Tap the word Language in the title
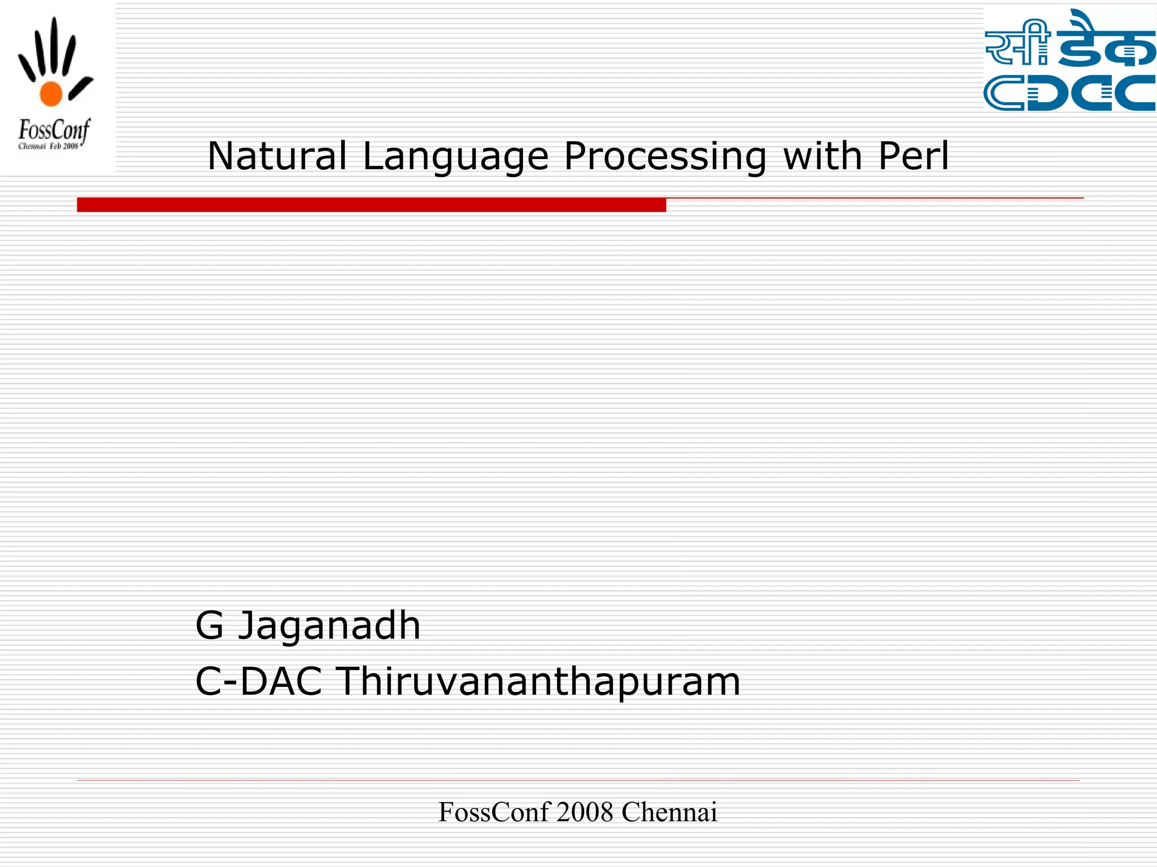point(455,157)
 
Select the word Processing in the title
point(665,157)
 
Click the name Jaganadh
point(329,627)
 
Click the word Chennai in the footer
point(669,812)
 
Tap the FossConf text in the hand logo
point(54,131)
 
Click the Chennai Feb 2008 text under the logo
point(49,147)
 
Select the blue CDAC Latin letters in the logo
point(1069,93)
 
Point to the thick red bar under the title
point(371,205)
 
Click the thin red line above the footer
point(577,780)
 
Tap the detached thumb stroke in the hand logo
point(81,88)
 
